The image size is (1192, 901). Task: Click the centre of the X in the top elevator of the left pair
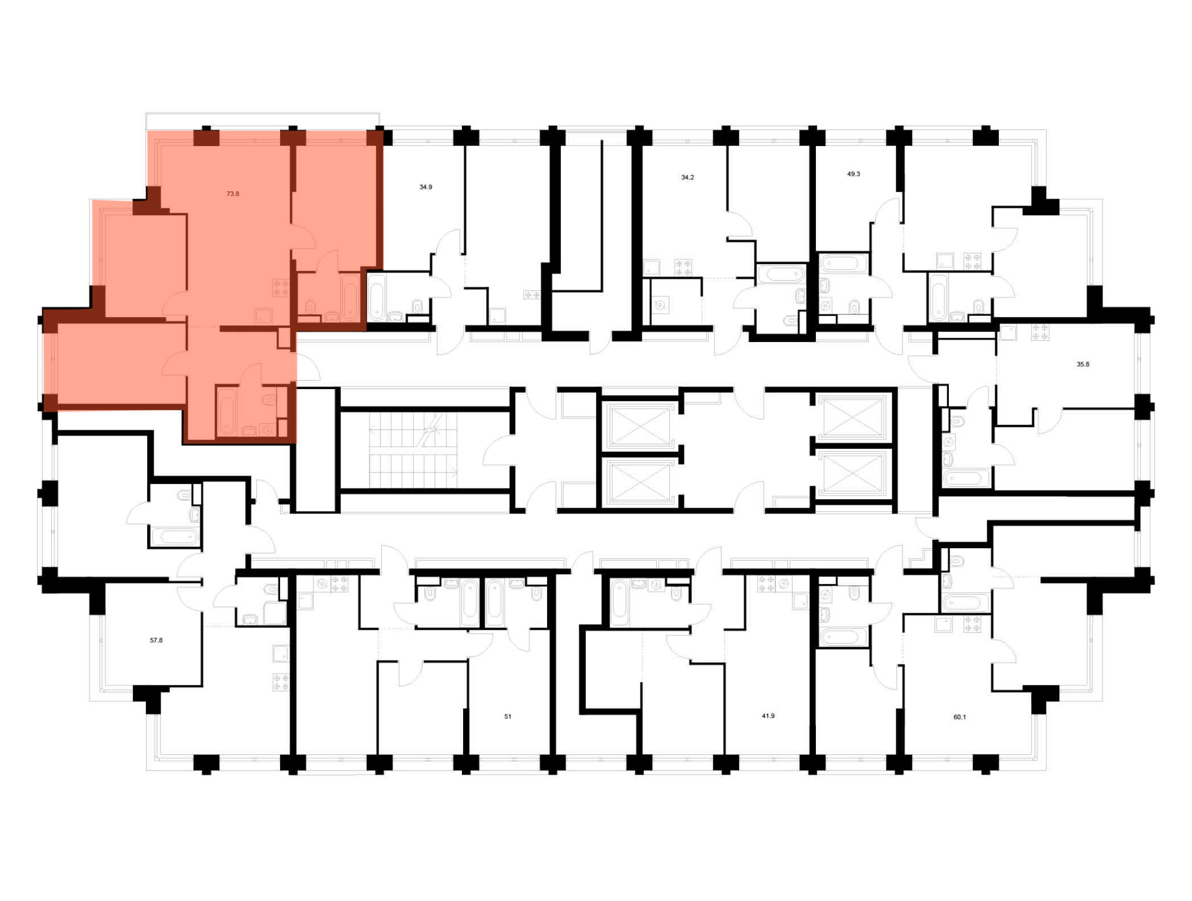(640, 425)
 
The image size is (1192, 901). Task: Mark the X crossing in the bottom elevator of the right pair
(852, 473)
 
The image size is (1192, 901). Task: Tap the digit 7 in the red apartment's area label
(229, 194)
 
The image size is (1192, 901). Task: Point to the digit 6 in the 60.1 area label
(956, 717)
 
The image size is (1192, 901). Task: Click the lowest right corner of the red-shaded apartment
(296, 443)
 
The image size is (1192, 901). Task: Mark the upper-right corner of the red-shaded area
(383, 131)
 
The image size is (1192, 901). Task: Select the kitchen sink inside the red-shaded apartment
(263, 316)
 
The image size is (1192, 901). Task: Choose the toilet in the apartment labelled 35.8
(957, 422)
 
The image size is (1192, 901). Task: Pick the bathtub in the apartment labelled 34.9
(377, 297)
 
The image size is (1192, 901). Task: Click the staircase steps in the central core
(413, 449)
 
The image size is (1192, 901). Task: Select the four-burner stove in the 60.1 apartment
(972, 625)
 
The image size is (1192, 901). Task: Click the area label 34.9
(426, 187)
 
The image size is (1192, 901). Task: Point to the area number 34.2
(687, 178)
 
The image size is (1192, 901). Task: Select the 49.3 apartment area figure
(853, 174)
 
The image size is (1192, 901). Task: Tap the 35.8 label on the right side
(1083, 364)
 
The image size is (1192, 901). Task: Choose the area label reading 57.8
(156, 641)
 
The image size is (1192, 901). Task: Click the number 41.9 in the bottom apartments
(768, 716)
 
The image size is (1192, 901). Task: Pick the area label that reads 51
(508, 717)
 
